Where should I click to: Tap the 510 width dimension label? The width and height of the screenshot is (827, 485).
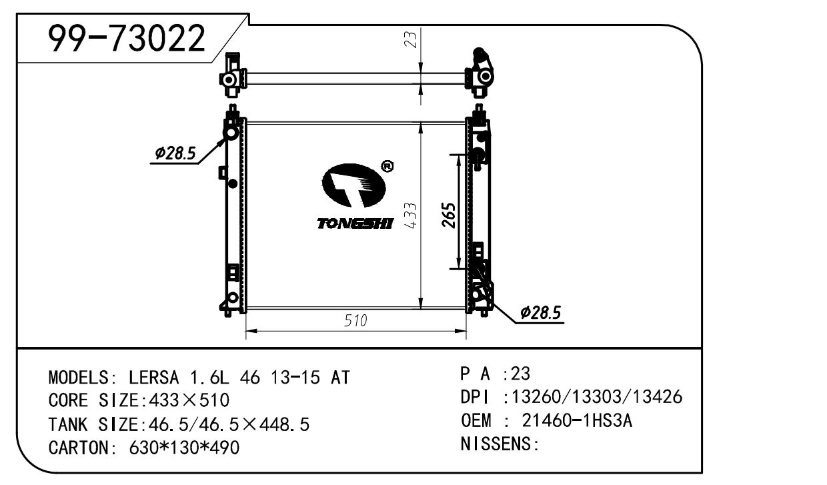(355, 321)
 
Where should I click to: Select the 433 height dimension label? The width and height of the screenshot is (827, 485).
(411, 215)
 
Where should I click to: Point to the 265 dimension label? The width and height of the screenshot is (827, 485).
(449, 215)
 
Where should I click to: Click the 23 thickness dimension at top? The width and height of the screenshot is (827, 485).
(411, 39)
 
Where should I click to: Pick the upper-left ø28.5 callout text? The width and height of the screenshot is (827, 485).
(175, 153)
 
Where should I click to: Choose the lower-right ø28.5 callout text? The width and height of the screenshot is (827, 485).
(540, 312)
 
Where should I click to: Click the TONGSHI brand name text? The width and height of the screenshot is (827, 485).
(355, 223)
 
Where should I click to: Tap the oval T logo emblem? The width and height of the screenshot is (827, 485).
(353, 185)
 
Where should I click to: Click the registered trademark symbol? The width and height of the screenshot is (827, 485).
(387, 167)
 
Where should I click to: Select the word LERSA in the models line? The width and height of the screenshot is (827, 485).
(153, 378)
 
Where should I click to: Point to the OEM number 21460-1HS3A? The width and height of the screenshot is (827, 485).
(577, 420)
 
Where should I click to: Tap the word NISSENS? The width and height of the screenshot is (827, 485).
(496, 444)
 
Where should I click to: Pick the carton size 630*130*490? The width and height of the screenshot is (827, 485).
(184, 448)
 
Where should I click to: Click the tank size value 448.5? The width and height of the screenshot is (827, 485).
(284, 424)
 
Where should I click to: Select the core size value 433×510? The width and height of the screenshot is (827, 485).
(189, 400)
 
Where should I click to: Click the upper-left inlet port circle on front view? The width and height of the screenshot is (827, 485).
(231, 133)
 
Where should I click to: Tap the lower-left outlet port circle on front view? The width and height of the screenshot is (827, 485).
(233, 298)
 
